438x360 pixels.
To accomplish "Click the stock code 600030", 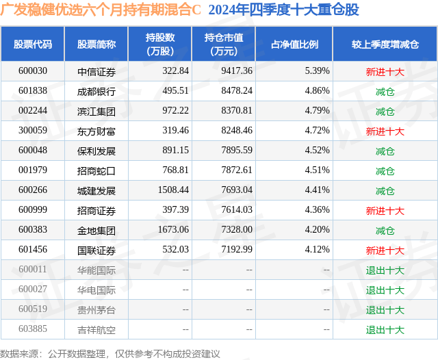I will [x=33, y=70].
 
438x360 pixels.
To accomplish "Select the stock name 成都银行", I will [x=96, y=90].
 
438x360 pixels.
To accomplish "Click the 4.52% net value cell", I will [x=317, y=151].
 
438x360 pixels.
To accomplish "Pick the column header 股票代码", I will [x=33, y=44].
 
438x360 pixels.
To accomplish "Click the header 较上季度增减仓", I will [x=385, y=44].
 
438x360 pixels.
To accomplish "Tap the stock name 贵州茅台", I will [x=96, y=309].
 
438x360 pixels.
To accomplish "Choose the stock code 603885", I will [x=33, y=330].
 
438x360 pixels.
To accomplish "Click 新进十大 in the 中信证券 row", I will [x=385, y=70].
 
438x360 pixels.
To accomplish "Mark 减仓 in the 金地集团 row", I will [x=385, y=231].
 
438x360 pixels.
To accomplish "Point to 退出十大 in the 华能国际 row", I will [x=385, y=270].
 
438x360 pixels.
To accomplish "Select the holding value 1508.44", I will [x=170, y=190].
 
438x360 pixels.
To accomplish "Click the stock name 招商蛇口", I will [x=96, y=170].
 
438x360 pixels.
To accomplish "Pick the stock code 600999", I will [x=33, y=210].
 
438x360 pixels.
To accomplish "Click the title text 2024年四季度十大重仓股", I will [x=283, y=10].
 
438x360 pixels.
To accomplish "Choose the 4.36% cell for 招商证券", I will [x=317, y=210].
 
